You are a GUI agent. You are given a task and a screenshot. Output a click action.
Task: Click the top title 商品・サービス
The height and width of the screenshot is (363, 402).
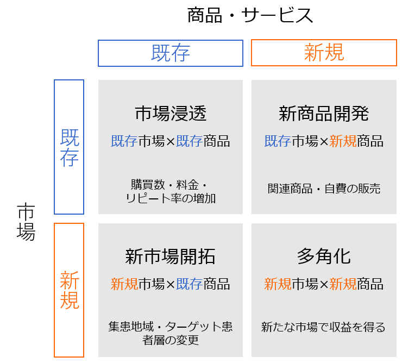point(250,15)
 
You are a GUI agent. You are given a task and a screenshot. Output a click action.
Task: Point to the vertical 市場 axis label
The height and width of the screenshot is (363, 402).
point(26,222)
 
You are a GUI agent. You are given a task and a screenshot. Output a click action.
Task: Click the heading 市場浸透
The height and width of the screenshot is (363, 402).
point(171,114)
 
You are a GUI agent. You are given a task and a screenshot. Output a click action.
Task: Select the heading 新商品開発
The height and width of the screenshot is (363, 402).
point(324,114)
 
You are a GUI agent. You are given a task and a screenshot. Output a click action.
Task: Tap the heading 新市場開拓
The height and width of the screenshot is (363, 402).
point(170,256)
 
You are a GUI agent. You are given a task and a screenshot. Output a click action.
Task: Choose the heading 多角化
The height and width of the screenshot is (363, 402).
point(324,256)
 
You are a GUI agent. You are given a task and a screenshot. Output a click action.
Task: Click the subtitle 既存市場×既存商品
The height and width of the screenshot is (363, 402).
point(170,141)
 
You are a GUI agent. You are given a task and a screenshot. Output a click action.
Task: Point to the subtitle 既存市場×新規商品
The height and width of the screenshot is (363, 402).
point(324,141)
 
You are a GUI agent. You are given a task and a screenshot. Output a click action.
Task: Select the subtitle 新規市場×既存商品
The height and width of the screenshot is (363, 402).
point(170,284)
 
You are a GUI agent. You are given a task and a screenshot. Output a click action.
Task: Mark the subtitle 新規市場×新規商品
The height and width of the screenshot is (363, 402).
point(324,284)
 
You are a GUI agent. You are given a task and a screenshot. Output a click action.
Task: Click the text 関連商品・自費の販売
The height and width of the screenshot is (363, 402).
point(324,189)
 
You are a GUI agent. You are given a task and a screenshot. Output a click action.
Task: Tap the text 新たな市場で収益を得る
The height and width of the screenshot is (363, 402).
point(323,327)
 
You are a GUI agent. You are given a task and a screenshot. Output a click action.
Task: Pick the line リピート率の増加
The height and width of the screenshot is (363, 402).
point(171,198)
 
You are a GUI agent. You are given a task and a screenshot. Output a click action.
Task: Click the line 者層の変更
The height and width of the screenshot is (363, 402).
point(171,340)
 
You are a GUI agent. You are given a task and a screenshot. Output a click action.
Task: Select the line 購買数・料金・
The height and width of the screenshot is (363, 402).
point(169,185)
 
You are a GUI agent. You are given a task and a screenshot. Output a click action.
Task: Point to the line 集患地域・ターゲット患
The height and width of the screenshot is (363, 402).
point(170,327)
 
